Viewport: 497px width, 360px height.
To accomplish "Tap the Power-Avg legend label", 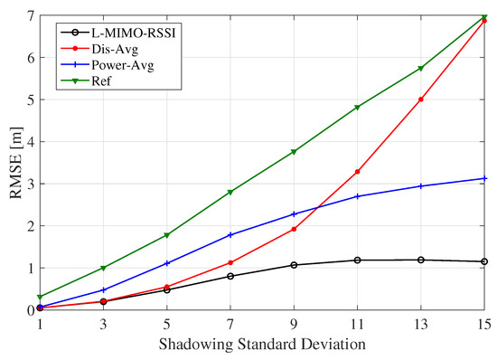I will click(x=114, y=66).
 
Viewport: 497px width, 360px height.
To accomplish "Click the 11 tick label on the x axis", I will click(x=358, y=325).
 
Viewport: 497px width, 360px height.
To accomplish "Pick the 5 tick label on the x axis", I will click(x=167, y=325).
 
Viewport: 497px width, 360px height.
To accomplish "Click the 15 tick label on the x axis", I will click(x=484, y=325).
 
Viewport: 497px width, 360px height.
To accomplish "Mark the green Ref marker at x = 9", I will click(x=294, y=152).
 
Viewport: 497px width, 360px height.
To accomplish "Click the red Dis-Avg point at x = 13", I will click(x=421, y=99).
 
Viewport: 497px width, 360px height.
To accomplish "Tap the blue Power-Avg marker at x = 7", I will click(x=230, y=235).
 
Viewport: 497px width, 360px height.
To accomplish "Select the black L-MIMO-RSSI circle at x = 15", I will click(x=484, y=261).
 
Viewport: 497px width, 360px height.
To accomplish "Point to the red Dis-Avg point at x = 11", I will click(x=358, y=172).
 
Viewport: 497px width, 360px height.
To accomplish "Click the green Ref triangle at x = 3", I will click(x=103, y=268).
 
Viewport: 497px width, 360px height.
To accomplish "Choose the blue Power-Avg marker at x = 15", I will click(x=484, y=178).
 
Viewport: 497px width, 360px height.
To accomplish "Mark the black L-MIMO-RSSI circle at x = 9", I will click(x=294, y=265).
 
